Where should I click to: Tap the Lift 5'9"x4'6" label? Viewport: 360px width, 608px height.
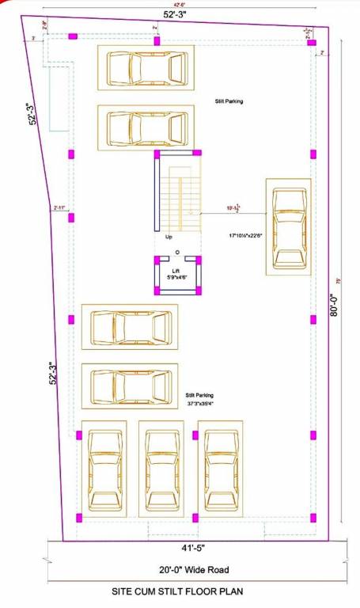coord(176,274)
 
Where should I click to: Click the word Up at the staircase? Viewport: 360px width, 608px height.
coord(169,236)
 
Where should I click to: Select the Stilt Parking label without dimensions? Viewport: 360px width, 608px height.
coord(229,101)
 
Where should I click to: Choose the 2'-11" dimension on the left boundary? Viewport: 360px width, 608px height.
coord(59,208)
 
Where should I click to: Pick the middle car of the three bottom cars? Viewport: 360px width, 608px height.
coord(161,469)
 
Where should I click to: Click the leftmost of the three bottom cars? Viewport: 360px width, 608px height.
coord(104,469)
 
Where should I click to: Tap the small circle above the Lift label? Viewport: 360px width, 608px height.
coord(177,253)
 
